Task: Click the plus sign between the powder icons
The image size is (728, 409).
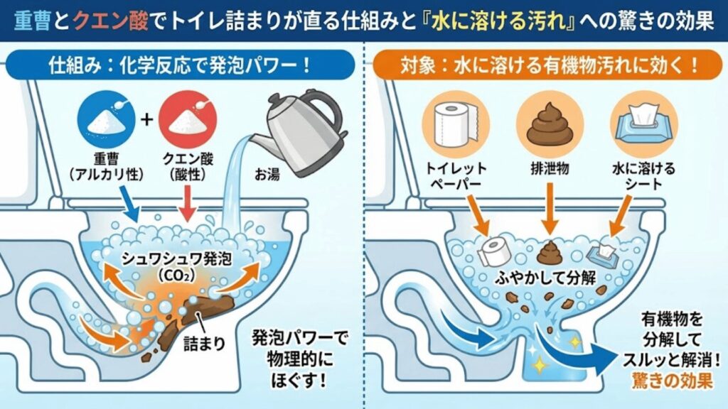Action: point(146,119)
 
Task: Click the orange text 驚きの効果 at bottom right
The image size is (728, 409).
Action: point(672,381)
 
